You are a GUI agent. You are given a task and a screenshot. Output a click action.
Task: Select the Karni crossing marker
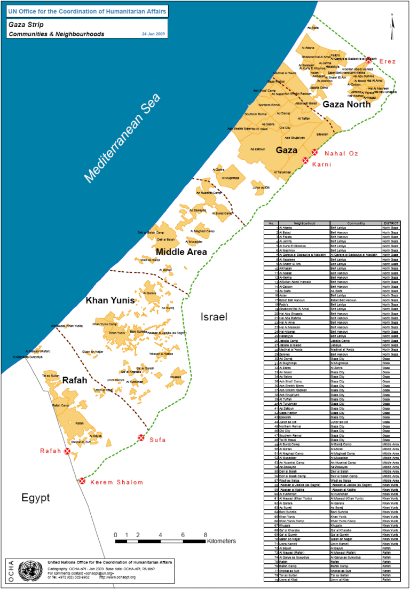pos(305,160)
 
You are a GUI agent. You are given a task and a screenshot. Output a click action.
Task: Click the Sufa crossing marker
pos(141,438)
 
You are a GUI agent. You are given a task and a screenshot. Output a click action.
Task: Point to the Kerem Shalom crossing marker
pos(82,481)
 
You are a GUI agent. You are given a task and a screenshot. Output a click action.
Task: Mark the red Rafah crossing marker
pos(67,451)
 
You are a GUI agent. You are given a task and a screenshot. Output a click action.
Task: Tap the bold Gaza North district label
pos(346,105)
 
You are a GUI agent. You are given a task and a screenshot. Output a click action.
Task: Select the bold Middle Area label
pos(181,252)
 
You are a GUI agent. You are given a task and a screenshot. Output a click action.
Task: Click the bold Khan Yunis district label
pos(111,301)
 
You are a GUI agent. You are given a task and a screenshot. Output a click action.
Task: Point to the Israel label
pos(214,317)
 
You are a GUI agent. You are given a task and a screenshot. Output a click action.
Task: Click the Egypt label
pos(35,498)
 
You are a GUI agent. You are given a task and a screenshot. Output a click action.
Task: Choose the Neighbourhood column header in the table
pos(304,223)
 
